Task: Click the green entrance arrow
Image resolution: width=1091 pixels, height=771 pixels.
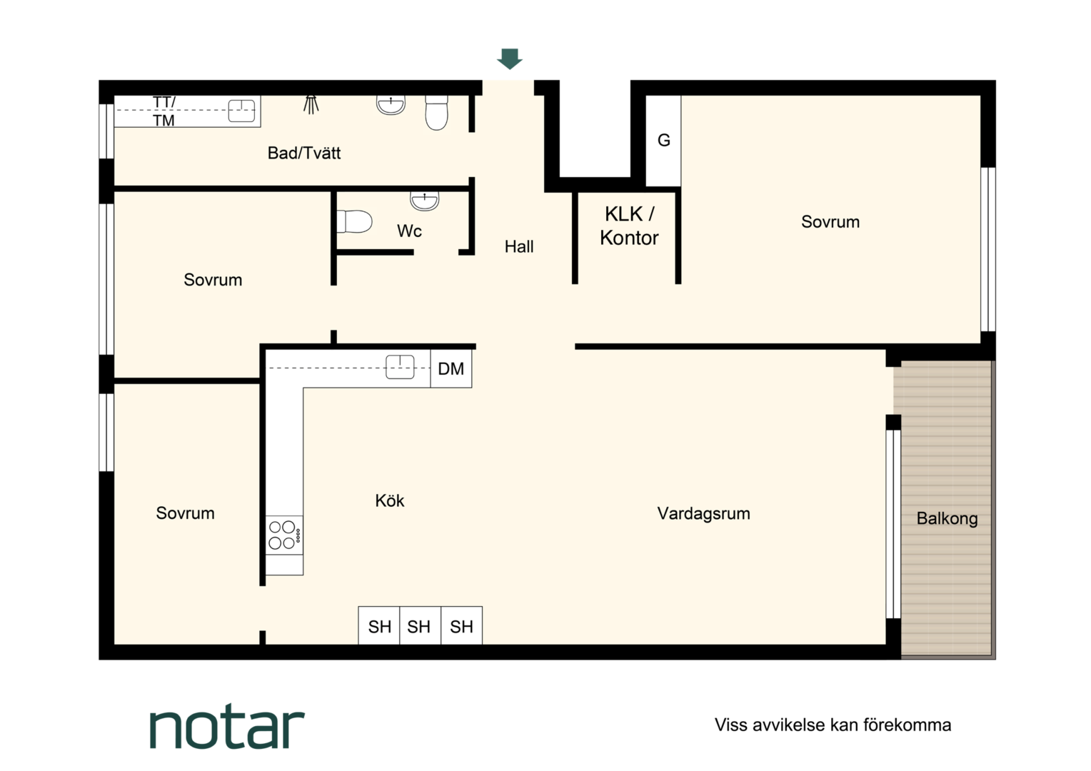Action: point(510,59)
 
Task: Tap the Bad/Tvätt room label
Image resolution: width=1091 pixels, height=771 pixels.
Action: point(304,153)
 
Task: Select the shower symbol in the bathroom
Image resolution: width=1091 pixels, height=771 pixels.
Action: point(311,105)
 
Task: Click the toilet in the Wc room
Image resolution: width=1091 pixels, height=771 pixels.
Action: point(354,221)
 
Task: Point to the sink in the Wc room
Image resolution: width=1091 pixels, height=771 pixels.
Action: point(424,200)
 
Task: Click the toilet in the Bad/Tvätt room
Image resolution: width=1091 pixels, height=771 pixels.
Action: point(436,113)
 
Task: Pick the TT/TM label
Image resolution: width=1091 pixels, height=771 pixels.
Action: point(164,111)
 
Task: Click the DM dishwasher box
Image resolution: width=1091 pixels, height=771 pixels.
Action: point(451,368)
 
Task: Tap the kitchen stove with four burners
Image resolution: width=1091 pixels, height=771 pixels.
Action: point(284,535)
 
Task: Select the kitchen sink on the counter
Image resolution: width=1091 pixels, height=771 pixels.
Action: point(400,367)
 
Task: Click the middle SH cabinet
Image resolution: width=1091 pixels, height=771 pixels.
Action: point(420,626)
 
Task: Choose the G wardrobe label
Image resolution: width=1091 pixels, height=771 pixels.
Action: point(664,140)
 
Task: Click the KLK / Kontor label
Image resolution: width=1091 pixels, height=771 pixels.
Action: point(629,226)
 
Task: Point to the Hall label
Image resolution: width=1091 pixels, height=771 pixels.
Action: point(518,246)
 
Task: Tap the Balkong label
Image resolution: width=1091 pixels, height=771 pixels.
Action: point(947,519)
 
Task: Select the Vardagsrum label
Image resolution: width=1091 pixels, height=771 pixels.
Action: point(703,513)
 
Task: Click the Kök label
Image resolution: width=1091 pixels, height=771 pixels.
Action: point(390,500)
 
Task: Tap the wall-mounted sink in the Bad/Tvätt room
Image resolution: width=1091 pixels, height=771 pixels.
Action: point(391,105)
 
